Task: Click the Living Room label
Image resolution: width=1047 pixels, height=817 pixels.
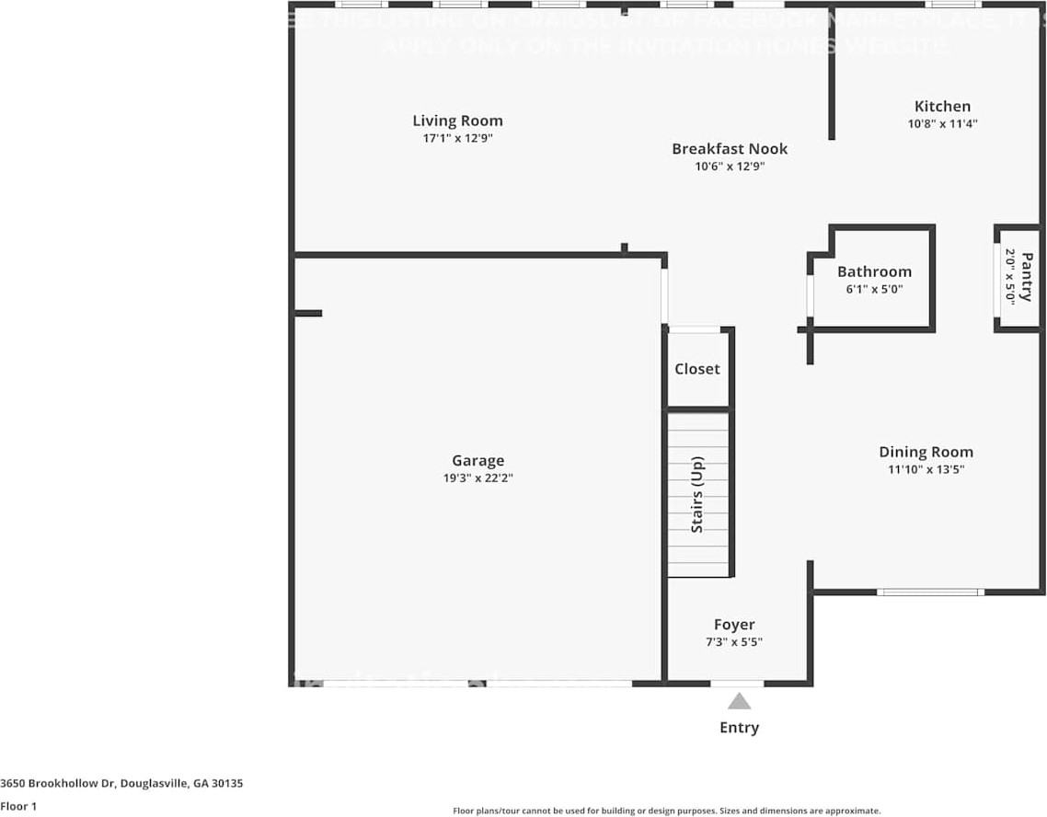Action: pyautogui.click(x=457, y=121)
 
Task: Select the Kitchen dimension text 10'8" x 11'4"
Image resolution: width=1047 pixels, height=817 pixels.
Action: pyautogui.click(x=942, y=122)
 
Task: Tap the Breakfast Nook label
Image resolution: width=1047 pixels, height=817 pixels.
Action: pyautogui.click(x=730, y=149)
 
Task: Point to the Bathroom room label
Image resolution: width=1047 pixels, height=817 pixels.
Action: pyautogui.click(x=874, y=271)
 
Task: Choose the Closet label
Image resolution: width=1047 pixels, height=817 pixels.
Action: pyautogui.click(x=697, y=369)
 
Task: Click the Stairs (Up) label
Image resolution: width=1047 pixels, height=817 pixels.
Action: pyautogui.click(x=697, y=494)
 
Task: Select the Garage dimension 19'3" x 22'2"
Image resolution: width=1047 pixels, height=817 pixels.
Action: pyautogui.click(x=477, y=478)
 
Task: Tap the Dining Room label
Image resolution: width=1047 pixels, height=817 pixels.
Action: pyautogui.click(x=926, y=452)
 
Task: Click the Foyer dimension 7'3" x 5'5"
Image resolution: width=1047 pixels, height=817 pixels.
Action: pyautogui.click(x=734, y=641)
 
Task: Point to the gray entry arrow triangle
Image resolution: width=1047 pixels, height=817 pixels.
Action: pyautogui.click(x=739, y=702)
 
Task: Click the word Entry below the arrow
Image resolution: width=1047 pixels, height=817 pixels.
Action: pyautogui.click(x=739, y=728)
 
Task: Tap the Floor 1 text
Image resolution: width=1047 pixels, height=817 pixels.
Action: pyautogui.click(x=18, y=807)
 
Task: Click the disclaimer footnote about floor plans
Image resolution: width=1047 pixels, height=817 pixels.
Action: pyautogui.click(x=666, y=811)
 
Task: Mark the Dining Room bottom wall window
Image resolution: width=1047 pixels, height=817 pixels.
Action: pyautogui.click(x=929, y=593)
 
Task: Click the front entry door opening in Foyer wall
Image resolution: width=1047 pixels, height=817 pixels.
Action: pyautogui.click(x=737, y=684)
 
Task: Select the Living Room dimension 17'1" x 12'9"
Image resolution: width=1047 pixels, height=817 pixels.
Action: pyautogui.click(x=457, y=138)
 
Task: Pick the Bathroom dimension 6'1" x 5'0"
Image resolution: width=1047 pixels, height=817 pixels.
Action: pyautogui.click(x=874, y=289)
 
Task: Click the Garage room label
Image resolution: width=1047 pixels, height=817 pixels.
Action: pyautogui.click(x=477, y=461)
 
